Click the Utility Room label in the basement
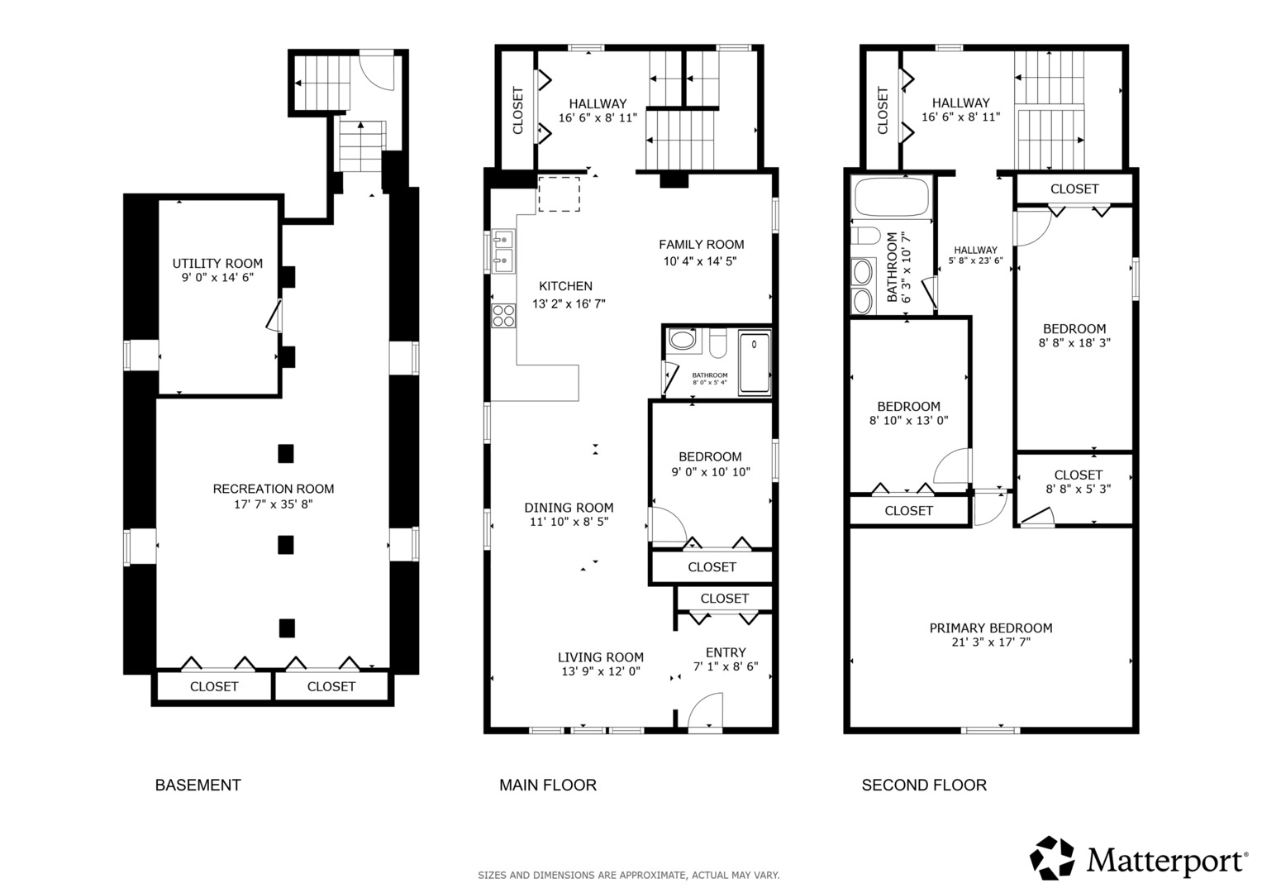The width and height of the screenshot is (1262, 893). (217, 263)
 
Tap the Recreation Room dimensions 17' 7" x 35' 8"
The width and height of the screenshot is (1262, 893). (274, 504)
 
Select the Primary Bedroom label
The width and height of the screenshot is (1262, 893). (991, 628)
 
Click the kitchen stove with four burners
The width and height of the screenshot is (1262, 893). (503, 316)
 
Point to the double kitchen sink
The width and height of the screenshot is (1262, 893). (502, 251)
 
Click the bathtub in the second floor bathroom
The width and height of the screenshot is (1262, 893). (891, 197)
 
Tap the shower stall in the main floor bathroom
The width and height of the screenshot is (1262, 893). (755, 362)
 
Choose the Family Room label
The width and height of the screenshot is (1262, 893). (702, 245)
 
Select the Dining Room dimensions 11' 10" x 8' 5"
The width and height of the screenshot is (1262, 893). (569, 522)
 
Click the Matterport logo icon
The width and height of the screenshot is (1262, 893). (1052, 858)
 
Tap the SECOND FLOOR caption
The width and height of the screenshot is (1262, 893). (924, 785)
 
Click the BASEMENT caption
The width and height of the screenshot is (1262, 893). (198, 785)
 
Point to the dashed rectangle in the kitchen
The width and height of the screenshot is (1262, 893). (559, 194)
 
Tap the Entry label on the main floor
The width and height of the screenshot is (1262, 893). (726, 652)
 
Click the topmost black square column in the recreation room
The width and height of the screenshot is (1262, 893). (286, 454)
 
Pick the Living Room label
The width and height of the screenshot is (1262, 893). (601, 657)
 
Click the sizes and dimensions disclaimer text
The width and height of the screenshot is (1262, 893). (629, 876)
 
